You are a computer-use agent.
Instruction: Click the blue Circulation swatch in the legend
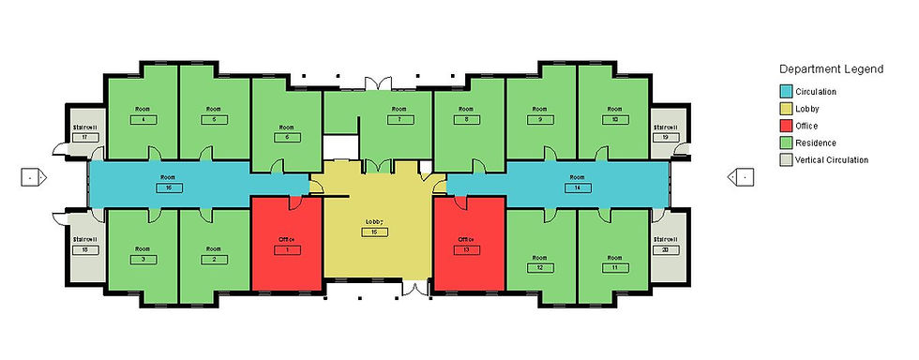point(786,92)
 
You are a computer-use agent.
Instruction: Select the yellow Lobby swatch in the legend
point(786,109)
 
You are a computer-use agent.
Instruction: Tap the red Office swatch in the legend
point(786,126)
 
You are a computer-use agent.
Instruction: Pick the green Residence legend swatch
point(786,142)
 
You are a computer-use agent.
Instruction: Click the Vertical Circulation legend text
point(832,159)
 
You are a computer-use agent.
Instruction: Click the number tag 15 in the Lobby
point(374,231)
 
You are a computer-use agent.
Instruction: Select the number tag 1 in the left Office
point(287,248)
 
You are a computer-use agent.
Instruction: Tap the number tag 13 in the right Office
point(466,248)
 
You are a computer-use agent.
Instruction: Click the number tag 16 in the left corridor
point(168,187)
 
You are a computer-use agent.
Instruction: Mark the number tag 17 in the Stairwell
point(85,137)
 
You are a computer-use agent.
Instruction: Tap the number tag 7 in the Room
point(399,120)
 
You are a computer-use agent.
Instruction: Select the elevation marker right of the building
point(740,175)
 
